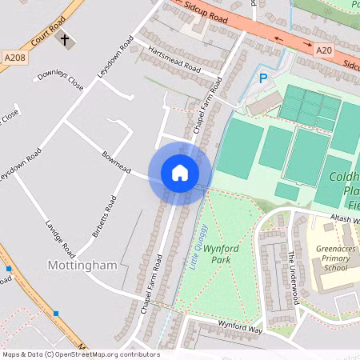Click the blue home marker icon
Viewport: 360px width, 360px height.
click(x=179, y=173)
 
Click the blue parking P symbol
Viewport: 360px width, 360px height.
click(x=262, y=78)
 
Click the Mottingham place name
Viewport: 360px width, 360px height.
click(x=82, y=265)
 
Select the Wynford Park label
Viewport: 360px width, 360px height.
click(x=222, y=254)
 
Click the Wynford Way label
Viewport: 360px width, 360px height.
click(x=241, y=326)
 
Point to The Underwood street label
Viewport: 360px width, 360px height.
click(x=294, y=277)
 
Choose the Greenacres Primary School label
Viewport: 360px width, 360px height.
click(x=335, y=258)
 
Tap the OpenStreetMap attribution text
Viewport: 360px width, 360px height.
click(x=80, y=354)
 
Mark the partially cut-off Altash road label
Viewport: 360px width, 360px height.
click(x=344, y=218)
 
